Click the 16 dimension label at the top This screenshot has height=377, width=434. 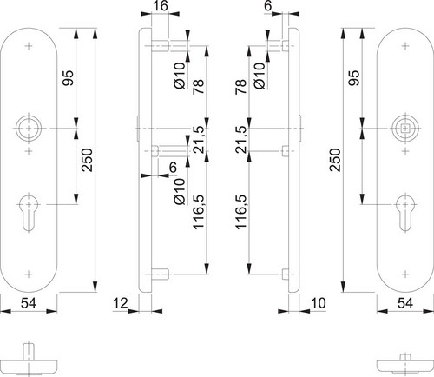coord(160,5)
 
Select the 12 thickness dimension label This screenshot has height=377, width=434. coord(121,303)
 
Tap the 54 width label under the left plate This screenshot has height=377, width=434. coord(29,303)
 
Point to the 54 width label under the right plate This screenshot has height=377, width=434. coord(405,303)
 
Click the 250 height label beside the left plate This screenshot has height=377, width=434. coord(87,160)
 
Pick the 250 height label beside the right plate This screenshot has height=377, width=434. coord(335,160)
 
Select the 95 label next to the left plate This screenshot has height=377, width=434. coord(69,78)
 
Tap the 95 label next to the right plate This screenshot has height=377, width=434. coord(354,78)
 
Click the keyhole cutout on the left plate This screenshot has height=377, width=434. coord(29,213)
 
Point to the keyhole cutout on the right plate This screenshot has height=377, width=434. coord(405,213)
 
